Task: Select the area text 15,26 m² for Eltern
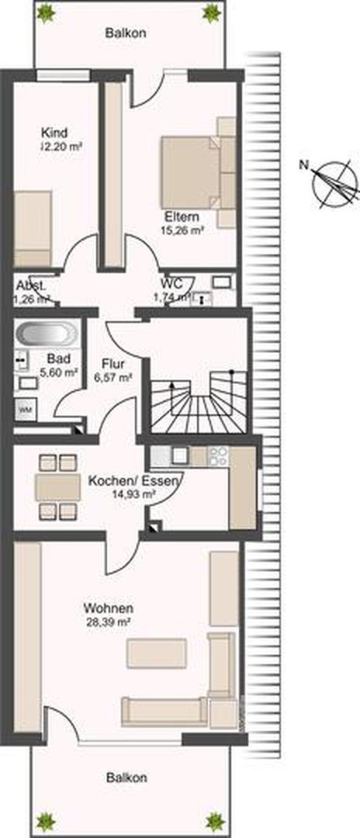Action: (182, 230)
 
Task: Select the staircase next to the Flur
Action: (198, 401)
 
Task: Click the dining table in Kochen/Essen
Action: (58, 487)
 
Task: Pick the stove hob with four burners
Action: (217, 455)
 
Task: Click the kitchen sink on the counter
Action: (180, 455)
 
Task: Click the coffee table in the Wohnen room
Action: (157, 653)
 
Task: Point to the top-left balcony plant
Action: (46, 12)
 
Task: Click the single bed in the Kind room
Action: (32, 229)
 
